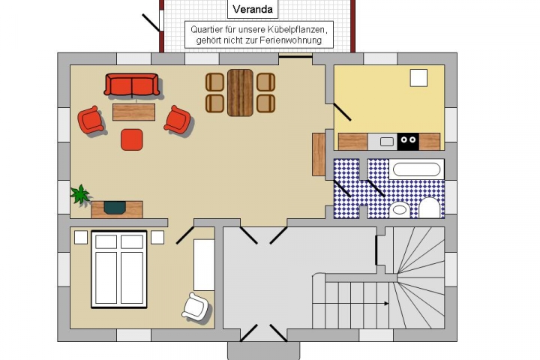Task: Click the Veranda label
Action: pyautogui.click(x=253, y=9)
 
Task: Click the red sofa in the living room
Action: pyautogui.click(x=131, y=85)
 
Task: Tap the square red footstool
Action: pyautogui.click(x=132, y=139)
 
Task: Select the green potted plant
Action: pyautogui.click(x=80, y=194)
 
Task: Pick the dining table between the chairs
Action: pyautogui.click(x=241, y=93)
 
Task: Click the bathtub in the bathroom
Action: pyautogui.click(x=417, y=169)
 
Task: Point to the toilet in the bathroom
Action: pyautogui.click(x=430, y=208)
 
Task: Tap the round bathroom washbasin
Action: pyautogui.click(x=400, y=210)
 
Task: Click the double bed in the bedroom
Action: pyautogui.click(x=119, y=269)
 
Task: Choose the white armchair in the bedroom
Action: pyautogui.click(x=195, y=306)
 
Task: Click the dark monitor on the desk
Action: pyautogui.click(x=115, y=208)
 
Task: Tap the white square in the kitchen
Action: pyautogui.click(x=418, y=78)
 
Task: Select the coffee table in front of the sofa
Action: pyautogui.click(x=134, y=112)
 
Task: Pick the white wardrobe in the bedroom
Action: pyautogui.click(x=204, y=265)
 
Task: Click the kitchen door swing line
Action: pyautogui.click(x=342, y=112)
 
